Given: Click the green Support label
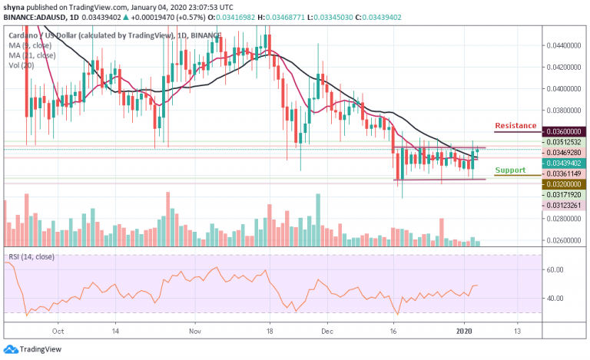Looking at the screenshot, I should point(510,170).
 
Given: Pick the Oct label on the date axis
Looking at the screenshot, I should point(58,332).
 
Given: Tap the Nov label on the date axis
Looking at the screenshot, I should point(195,332).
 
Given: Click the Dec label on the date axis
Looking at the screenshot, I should point(326,332).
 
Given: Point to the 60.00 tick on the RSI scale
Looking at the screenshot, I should point(555,270).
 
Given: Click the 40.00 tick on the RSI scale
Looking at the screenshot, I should point(555,299).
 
